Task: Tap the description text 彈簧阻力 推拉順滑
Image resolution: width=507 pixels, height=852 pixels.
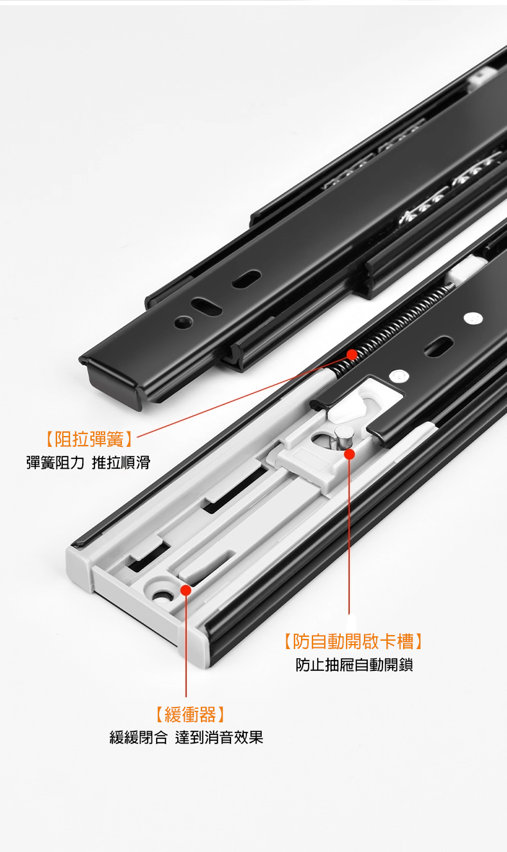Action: click(88, 463)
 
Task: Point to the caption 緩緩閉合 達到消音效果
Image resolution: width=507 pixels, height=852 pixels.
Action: click(186, 738)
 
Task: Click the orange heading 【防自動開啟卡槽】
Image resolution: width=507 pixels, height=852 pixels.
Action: click(353, 641)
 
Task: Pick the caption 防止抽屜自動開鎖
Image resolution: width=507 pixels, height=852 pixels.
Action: click(354, 665)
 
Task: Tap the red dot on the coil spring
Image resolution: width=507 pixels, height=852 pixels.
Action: click(352, 354)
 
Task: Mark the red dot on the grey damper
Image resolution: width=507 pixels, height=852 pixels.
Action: click(186, 590)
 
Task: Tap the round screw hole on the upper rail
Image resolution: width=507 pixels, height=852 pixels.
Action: click(183, 323)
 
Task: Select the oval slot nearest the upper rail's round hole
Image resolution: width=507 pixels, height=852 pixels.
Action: click(207, 307)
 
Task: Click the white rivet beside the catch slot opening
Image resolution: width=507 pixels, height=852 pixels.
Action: click(399, 376)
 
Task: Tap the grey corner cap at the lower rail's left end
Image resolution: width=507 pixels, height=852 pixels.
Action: click(79, 568)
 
